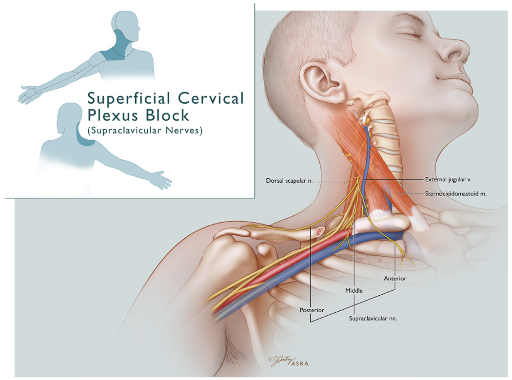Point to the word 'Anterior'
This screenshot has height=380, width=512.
395,278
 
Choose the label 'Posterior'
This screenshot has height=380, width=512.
312,309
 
